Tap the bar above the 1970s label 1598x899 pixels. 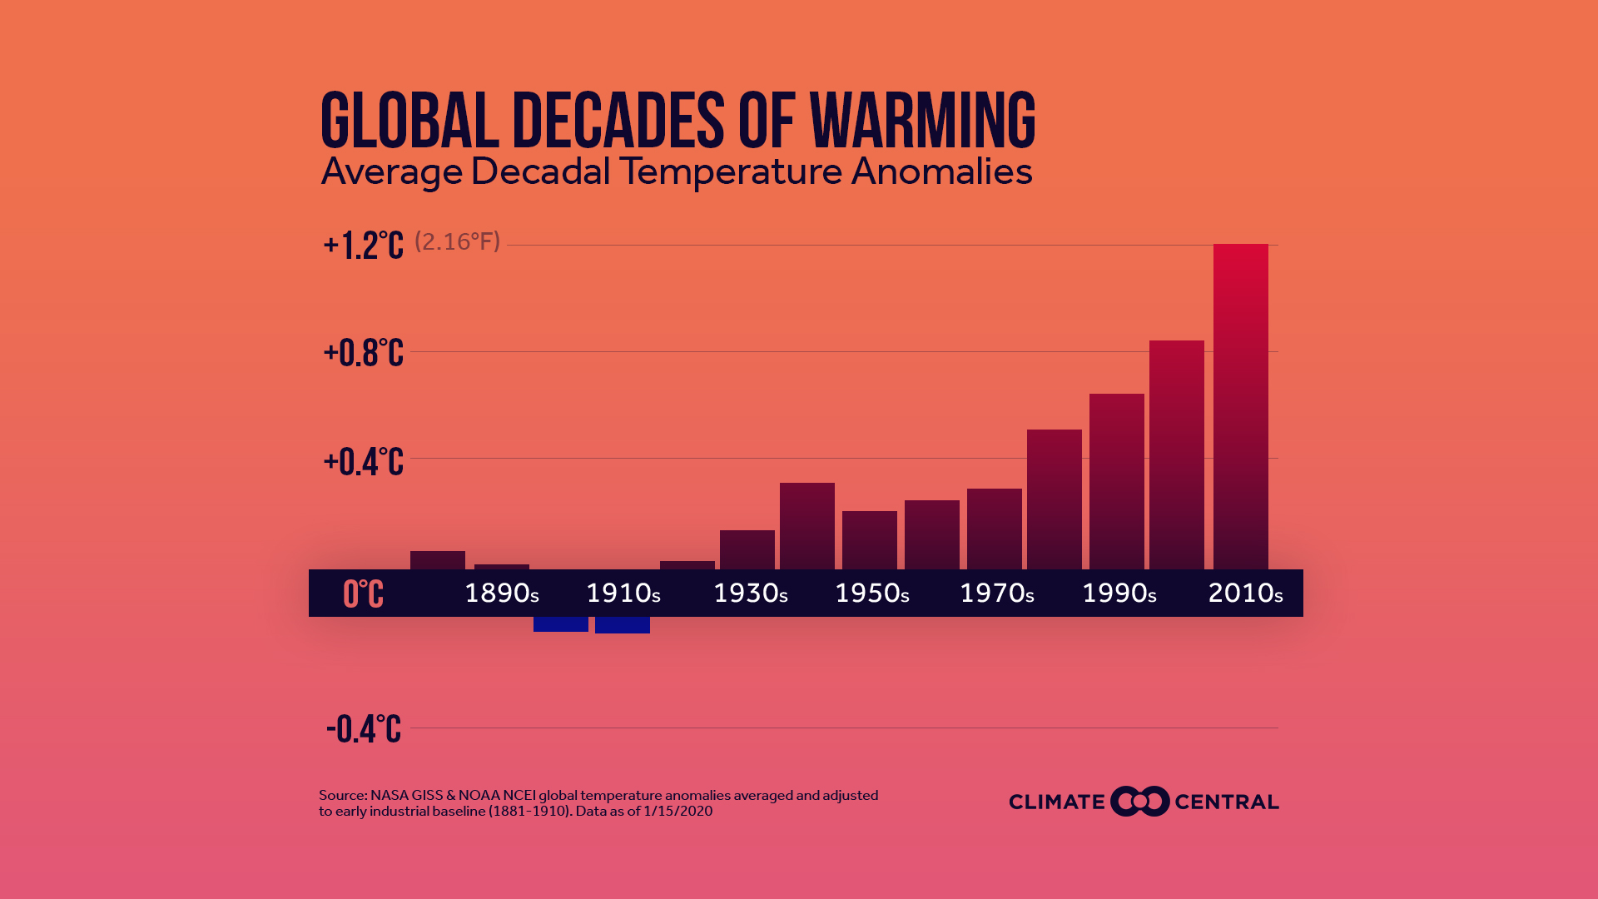pos(994,529)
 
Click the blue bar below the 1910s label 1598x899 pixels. pos(622,625)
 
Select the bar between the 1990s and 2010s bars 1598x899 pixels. pos(1176,454)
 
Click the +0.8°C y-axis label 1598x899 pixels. pos(364,353)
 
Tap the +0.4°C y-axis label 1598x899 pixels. pos(364,461)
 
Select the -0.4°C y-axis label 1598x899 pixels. pos(364,729)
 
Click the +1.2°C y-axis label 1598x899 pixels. pos(364,246)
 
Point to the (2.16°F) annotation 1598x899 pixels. pos(457,241)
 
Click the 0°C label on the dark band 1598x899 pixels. pos(364,594)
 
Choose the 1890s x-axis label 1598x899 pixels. pos(501,594)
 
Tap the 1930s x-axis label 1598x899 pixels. pos(750,594)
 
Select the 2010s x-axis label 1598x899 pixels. pos(1244,594)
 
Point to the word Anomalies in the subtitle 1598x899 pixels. pos(941,171)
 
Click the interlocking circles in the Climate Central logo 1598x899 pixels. pos(1139,802)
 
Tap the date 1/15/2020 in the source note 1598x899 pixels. pos(677,812)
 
